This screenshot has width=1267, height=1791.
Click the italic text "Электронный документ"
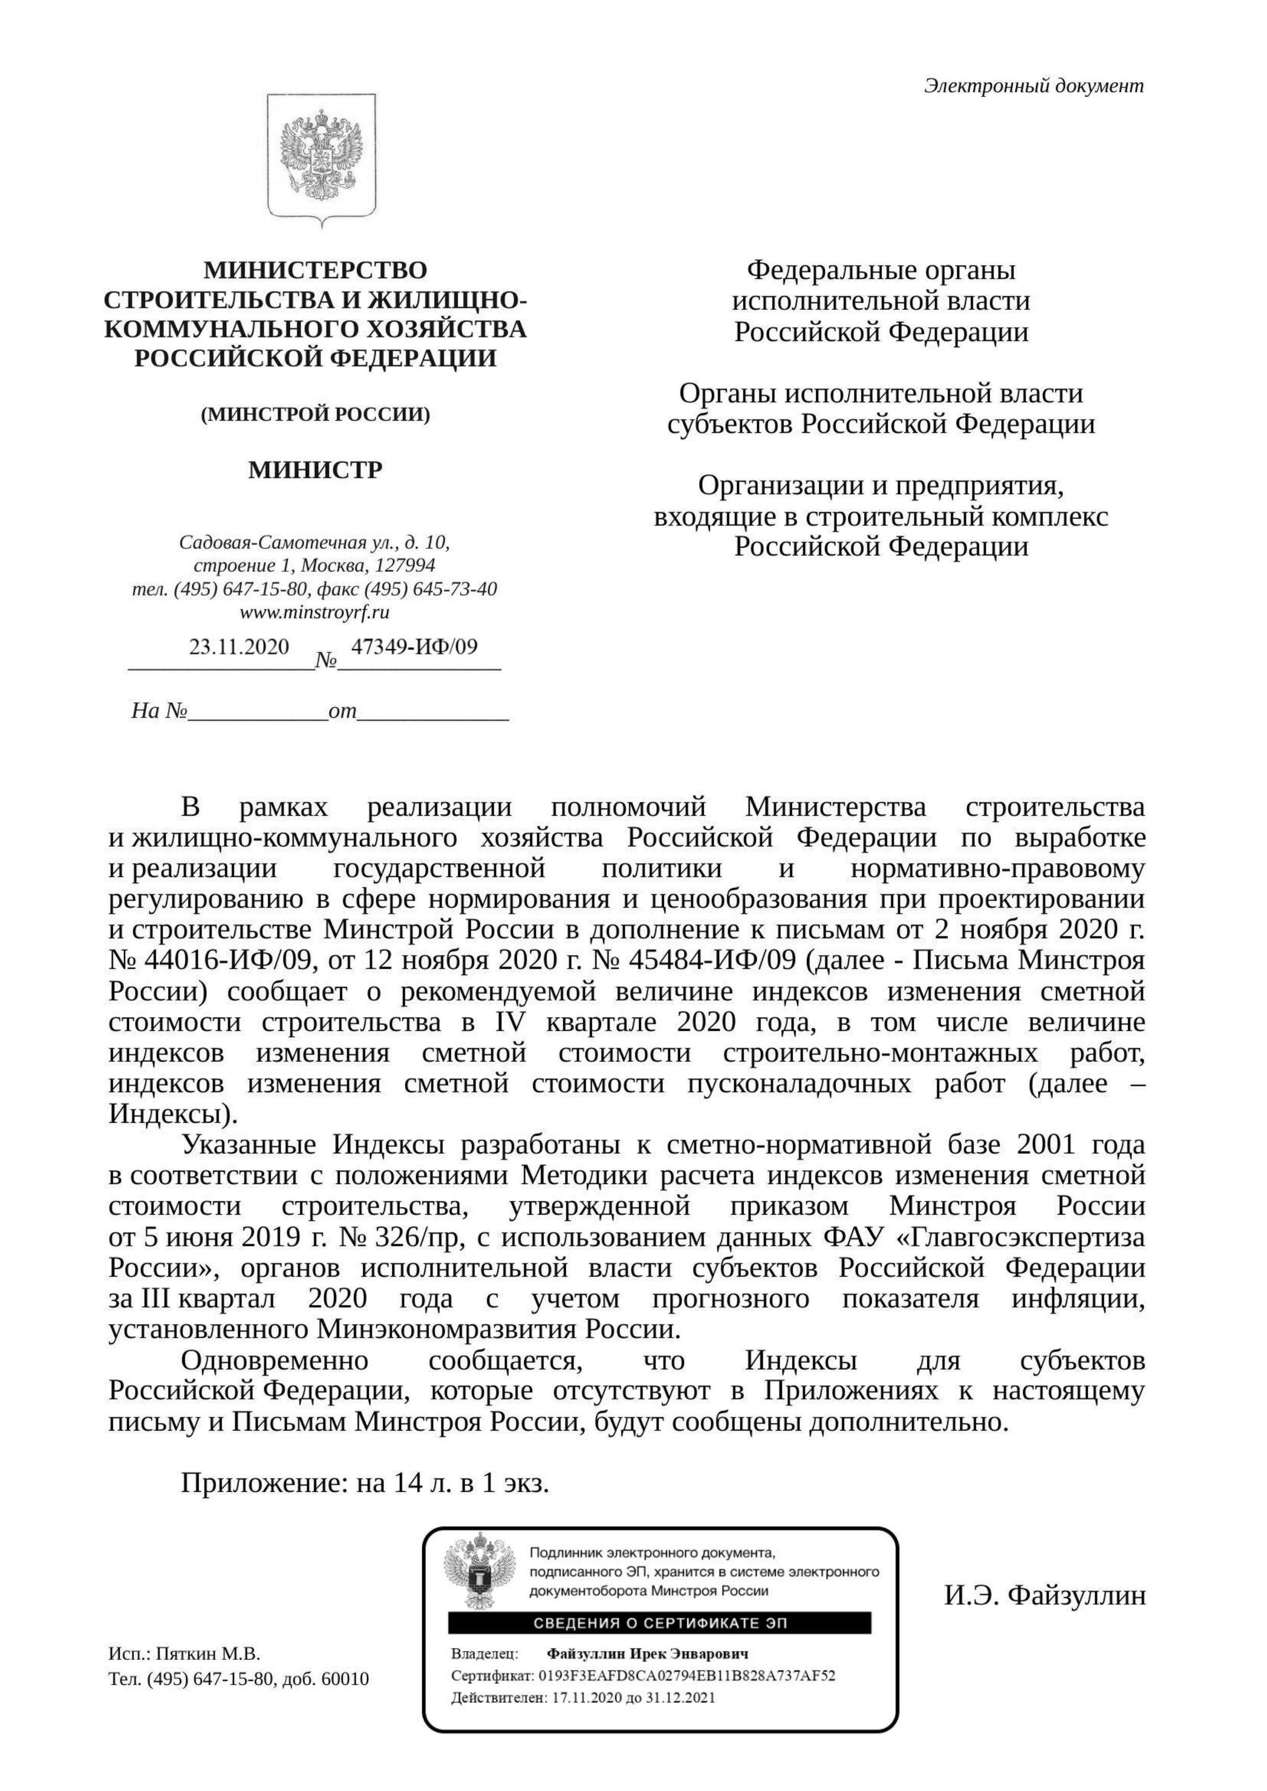click(1034, 86)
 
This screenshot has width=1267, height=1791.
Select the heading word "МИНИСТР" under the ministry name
click(315, 470)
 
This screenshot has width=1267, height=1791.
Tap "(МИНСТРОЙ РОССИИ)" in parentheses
click(315, 414)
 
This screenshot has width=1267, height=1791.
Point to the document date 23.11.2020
click(238, 647)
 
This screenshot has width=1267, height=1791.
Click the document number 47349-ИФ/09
click(414, 647)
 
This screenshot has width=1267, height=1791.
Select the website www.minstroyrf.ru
click(315, 612)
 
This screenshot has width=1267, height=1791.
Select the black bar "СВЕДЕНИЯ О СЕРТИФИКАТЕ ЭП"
click(659, 1624)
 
